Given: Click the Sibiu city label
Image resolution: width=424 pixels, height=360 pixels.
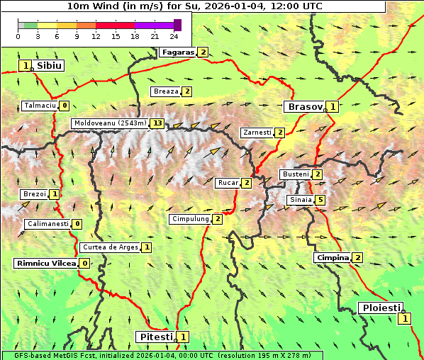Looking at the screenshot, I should [x=50, y=65].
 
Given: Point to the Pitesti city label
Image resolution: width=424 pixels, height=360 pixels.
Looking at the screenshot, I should [x=156, y=337].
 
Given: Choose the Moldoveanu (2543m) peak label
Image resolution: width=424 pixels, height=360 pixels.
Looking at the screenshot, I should [x=110, y=123].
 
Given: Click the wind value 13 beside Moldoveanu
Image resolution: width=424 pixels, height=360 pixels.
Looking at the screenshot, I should [x=157, y=123].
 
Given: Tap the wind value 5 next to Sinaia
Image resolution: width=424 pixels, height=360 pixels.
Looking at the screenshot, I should [x=320, y=201].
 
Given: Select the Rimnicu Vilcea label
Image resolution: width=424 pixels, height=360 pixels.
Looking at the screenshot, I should [x=45, y=263].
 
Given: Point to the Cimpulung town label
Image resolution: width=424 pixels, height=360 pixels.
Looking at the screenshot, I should [x=190, y=219].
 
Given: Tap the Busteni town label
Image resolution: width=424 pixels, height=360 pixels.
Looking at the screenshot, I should [x=296, y=174].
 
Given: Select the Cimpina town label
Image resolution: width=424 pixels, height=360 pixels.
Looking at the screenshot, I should [x=333, y=257].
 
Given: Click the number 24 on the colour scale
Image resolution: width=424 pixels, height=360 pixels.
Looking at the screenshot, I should [x=174, y=36].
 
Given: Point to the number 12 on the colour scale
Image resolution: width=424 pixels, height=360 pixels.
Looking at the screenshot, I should [x=96, y=36].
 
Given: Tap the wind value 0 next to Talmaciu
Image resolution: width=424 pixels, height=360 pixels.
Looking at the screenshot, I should [x=65, y=106].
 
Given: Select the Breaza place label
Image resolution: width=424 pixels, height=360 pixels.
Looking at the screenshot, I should [x=166, y=91].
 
